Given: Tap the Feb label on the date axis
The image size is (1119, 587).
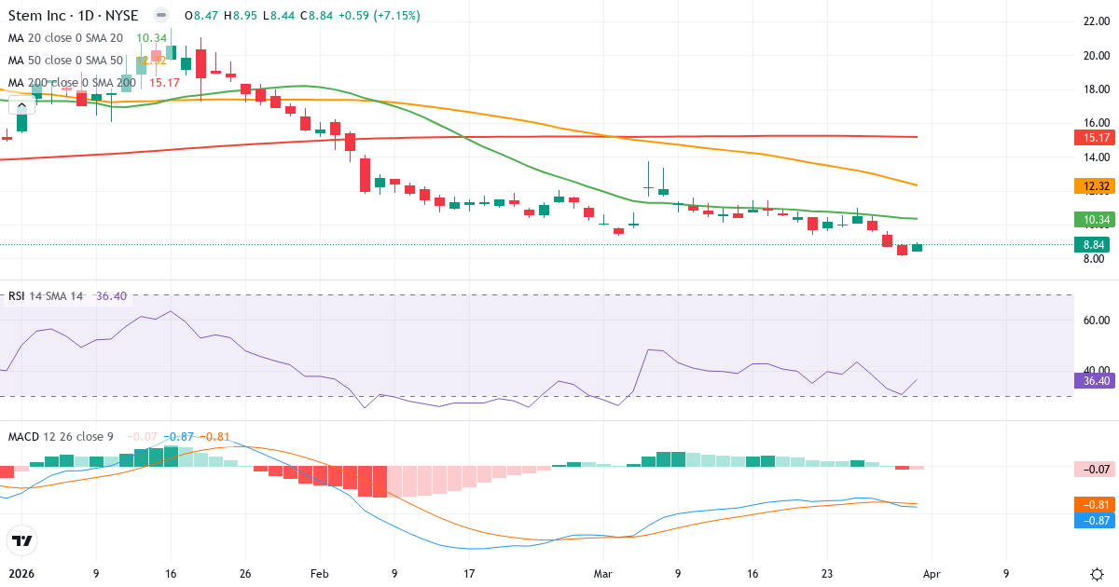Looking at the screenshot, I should coord(320,574).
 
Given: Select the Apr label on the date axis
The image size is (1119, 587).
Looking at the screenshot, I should coord(932,574).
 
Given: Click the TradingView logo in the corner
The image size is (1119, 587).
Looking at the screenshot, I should coord(21,540).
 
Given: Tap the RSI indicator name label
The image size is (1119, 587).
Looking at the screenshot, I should coord(17,296).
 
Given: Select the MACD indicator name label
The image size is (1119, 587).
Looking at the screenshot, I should coord(25,437).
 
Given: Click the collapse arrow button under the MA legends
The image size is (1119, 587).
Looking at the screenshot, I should coord(21,105).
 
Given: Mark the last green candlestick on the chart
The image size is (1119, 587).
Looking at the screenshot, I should coord(918,247).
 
